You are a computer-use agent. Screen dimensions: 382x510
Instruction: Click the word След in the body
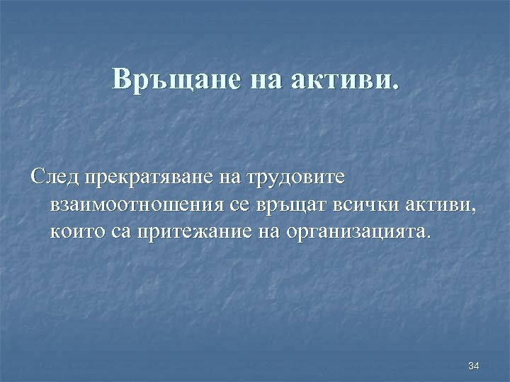click(55, 177)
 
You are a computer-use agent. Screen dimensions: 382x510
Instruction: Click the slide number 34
click(474, 366)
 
